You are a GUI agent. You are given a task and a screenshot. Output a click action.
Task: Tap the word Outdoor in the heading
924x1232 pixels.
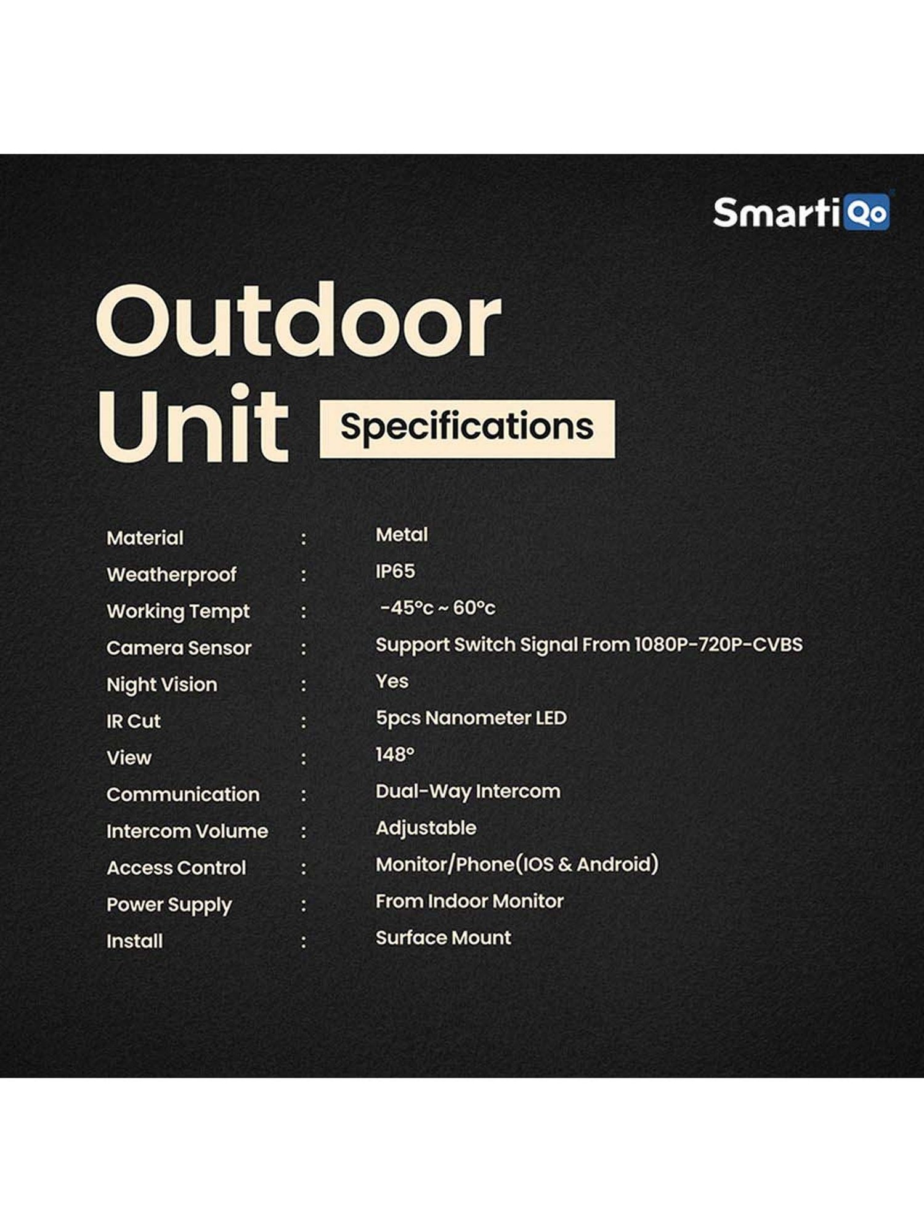point(298,322)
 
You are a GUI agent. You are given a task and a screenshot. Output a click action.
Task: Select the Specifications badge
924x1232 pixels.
point(467,428)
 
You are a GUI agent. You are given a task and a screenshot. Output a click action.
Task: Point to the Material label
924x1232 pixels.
point(145,538)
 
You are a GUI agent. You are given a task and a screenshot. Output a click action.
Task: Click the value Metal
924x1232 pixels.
point(402,535)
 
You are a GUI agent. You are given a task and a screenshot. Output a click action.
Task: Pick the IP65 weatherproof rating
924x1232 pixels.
point(395,571)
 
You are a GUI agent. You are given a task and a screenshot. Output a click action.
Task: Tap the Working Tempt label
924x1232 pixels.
point(178,611)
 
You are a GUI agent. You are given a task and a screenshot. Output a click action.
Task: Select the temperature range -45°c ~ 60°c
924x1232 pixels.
point(437,608)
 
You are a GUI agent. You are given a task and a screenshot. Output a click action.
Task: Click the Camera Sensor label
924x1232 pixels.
point(179,648)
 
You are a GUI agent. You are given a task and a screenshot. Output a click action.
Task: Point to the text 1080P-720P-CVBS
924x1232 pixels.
point(718,644)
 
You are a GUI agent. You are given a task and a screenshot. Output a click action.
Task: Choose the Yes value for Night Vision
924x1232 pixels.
point(392,681)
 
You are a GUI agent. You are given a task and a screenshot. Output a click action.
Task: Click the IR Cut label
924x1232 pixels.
point(133,721)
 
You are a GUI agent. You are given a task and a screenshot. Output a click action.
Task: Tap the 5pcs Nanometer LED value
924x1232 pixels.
point(471,718)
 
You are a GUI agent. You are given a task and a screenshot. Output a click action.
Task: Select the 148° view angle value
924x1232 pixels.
point(395,755)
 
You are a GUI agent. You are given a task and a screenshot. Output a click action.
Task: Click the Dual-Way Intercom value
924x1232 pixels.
point(468,791)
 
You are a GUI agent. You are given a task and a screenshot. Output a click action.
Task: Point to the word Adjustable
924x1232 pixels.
point(426,828)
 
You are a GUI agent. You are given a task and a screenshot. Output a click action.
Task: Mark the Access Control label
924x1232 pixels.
point(176,868)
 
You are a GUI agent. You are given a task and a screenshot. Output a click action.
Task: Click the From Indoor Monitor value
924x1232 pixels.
point(469,901)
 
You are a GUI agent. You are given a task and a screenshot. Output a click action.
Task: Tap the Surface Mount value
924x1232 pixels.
point(444,938)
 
